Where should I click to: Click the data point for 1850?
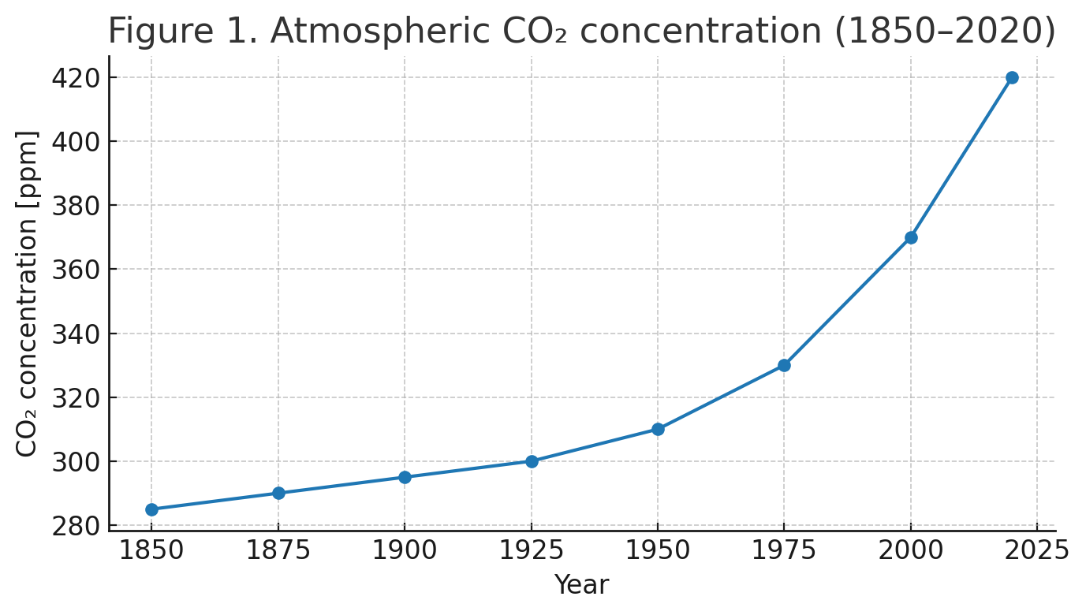[151, 509]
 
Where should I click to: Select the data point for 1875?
[278, 493]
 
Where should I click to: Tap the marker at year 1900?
[405, 477]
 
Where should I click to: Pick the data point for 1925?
[532, 461]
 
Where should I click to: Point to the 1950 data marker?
[658, 429]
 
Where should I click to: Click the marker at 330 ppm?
[784, 365]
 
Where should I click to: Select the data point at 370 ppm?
[911, 237]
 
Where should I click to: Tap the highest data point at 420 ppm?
[1012, 77]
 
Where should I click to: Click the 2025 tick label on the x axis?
[1036, 551]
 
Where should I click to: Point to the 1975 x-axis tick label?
[784, 551]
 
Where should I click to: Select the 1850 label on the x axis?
[151, 551]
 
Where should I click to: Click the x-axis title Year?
[581, 585]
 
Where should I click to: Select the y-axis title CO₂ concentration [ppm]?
[27, 293]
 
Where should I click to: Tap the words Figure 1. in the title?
[182, 32]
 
